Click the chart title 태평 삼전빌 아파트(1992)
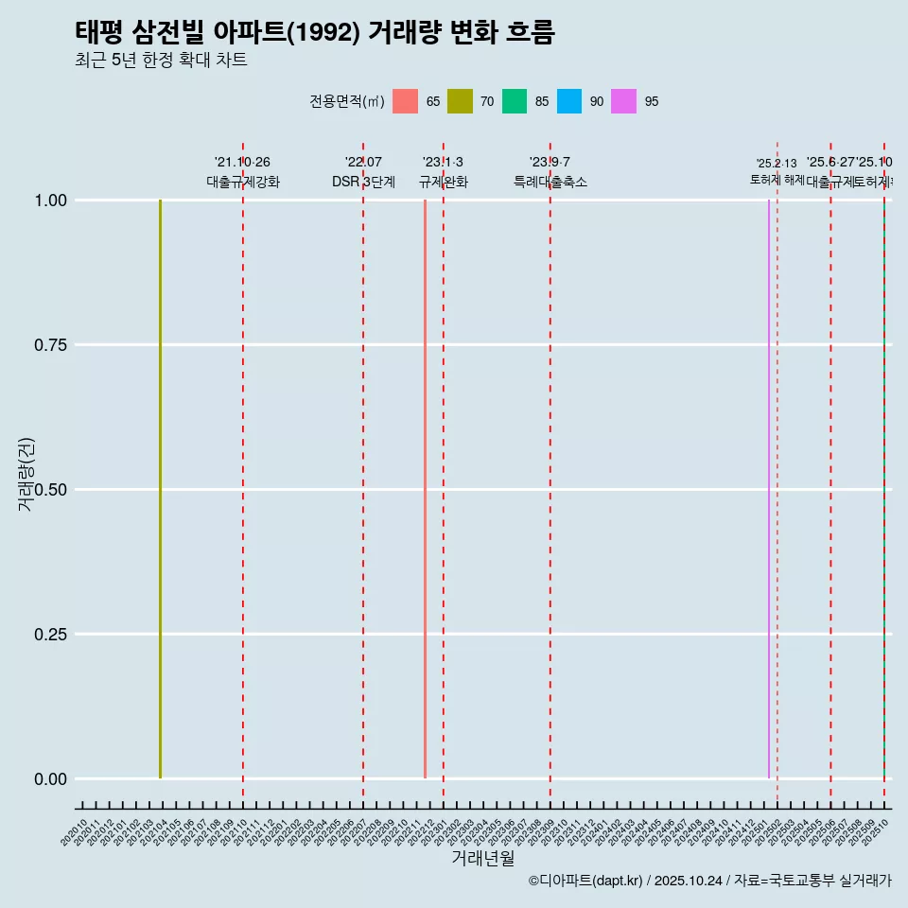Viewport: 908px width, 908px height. (314, 32)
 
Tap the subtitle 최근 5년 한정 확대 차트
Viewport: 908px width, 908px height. (161, 61)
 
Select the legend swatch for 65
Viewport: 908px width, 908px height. (405, 101)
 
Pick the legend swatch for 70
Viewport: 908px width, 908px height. (460, 101)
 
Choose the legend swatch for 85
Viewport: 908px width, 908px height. (515, 101)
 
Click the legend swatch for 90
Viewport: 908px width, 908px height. (569, 101)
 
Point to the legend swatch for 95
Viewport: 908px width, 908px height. (624, 101)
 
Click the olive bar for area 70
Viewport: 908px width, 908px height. (161, 489)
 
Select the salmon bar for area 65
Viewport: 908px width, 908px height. (426, 489)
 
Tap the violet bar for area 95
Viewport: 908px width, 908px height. (769, 489)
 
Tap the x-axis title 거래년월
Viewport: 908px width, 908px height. (482, 859)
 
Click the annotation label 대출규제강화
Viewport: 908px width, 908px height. (243, 182)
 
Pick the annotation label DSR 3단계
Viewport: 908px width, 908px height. (363, 182)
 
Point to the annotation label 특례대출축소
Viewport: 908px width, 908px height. (550, 182)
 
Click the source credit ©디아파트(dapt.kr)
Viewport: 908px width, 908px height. (586, 881)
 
